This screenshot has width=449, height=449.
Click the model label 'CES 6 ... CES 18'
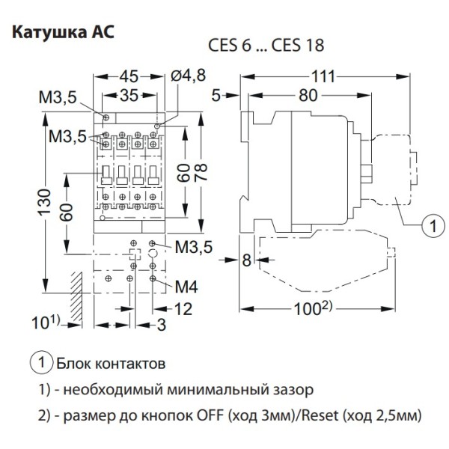(266, 45)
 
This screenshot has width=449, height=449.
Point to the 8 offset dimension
(246, 260)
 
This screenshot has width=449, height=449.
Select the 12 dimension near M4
(183, 308)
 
